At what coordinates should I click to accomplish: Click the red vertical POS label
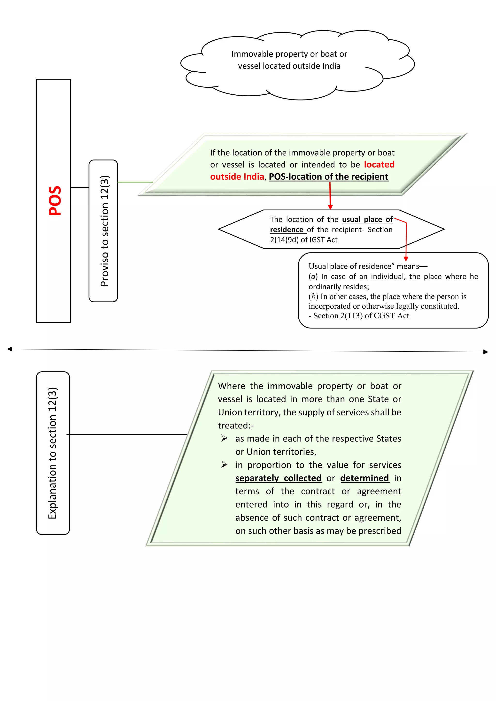[x=55, y=201]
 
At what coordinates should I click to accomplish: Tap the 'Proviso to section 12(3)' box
[x=103, y=231]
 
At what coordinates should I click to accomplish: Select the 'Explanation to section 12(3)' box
[x=53, y=453]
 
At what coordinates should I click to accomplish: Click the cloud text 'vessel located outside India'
[x=289, y=66]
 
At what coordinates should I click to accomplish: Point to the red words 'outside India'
[x=237, y=177]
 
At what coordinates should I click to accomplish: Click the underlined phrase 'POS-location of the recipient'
[x=328, y=177]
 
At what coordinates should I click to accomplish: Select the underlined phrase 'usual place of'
[x=367, y=220]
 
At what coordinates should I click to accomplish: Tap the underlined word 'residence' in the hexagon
[x=287, y=230]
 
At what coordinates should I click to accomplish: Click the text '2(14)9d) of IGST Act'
[x=304, y=240]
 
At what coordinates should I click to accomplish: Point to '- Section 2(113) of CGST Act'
[x=359, y=316]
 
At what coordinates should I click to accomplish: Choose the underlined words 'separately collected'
[x=278, y=478]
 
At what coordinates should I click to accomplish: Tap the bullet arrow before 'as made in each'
[x=225, y=438]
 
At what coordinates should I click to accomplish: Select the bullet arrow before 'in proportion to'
[x=225, y=465]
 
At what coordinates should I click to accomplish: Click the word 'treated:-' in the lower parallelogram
[x=235, y=425]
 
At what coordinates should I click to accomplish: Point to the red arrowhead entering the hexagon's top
[x=330, y=207]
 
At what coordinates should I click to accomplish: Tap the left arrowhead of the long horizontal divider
[x=9, y=349]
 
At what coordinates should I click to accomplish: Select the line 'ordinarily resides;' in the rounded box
[x=338, y=287]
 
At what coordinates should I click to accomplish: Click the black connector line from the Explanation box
[x=126, y=434]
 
